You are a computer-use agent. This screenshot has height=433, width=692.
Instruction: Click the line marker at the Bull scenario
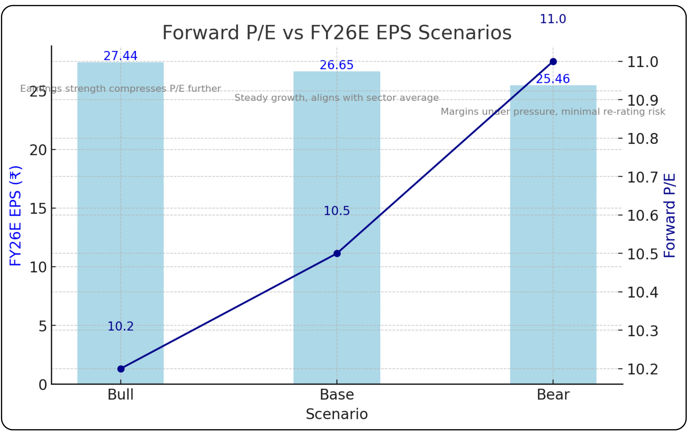[121, 369]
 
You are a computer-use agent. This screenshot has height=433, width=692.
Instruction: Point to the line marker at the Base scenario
[337, 253]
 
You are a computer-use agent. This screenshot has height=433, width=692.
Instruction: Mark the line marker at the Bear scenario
[553, 62]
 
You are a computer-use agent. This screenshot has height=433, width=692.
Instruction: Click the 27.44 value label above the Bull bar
[120, 56]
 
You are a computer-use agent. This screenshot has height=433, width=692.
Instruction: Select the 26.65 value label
[336, 65]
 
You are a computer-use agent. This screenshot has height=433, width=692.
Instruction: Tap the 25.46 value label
[553, 79]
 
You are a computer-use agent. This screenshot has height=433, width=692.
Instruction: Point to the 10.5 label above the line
[336, 211]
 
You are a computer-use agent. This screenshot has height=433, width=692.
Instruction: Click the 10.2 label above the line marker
[120, 327]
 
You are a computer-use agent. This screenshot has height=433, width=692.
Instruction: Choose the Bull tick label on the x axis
[120, 395]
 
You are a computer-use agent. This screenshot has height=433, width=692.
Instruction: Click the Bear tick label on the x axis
[553, 395]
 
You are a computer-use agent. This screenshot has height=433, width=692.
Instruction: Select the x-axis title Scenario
[337, 414]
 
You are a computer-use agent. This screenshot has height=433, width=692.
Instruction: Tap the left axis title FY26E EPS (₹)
[15, 216]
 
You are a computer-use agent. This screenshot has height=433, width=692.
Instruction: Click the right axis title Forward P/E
[669, 215]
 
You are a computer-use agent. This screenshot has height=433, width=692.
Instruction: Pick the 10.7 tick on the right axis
[642, 177]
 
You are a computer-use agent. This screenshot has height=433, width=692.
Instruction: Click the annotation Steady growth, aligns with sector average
[336, 98]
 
